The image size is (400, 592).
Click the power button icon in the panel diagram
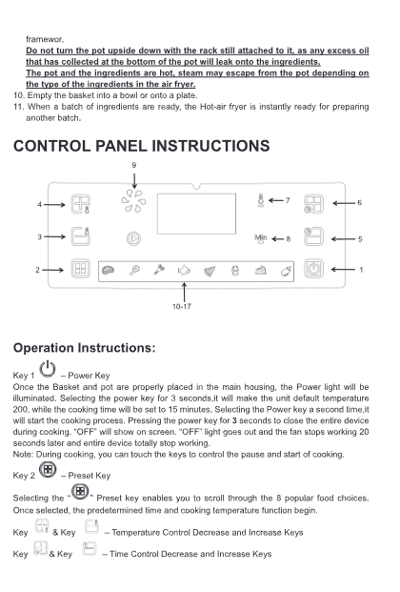point(313,269)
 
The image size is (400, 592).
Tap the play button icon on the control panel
point(133,238)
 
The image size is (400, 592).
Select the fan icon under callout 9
point(133,201)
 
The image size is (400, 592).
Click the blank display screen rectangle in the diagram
point(196,214)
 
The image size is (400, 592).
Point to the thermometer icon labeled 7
point(260,200)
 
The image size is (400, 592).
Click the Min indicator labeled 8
point(261,238)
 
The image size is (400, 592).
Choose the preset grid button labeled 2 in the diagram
point(81,269)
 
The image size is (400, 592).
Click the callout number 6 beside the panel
point(359,203)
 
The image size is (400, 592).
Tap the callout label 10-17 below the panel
point(182,307)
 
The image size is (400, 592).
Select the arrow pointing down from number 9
point(134,180)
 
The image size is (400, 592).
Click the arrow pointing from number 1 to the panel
point(343,270)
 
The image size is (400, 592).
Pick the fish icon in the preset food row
point(184,271)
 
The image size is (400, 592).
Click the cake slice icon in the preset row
point(260,271)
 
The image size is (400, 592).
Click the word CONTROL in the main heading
point(51,146)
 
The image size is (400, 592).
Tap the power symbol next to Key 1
point(48,369)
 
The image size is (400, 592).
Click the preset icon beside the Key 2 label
point(48,470)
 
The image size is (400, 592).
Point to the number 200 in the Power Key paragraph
point(20,409)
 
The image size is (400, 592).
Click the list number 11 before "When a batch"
point(18,107)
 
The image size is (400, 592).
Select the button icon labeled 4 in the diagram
point(81,204)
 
